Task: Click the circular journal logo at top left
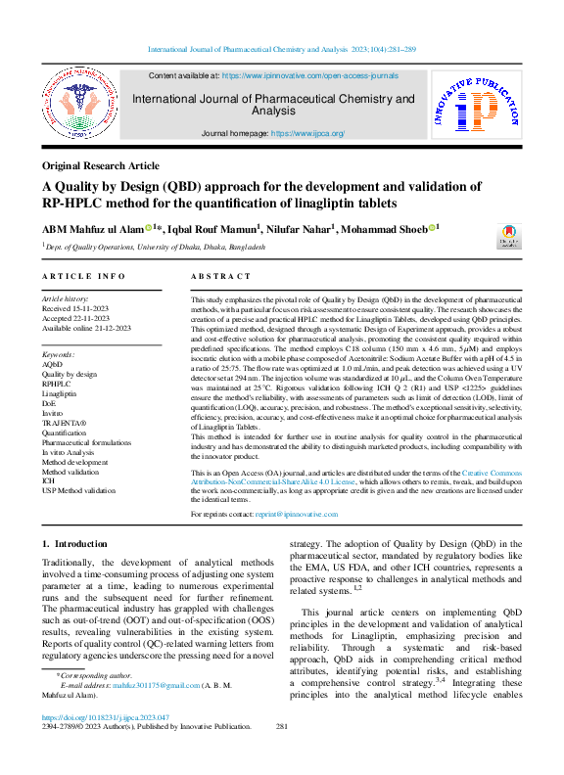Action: (77, 111)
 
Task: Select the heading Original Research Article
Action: (100, 166)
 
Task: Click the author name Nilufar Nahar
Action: (303, 229)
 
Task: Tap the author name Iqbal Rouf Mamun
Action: (215, 229)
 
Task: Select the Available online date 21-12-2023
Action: (108, 328)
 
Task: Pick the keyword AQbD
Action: (52, 363)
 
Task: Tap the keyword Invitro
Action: (54, 411)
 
